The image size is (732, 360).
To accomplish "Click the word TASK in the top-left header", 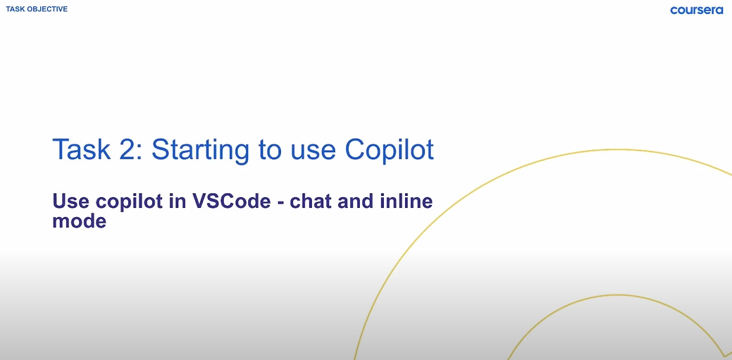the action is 13,9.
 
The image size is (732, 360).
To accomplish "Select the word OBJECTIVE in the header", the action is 46,9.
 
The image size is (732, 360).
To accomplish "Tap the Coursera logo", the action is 697,10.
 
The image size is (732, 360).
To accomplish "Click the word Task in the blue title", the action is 82,149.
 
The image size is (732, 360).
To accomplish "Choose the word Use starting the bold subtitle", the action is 70,201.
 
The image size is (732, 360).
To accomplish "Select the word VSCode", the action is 231,201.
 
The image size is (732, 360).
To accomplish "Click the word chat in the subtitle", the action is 312,201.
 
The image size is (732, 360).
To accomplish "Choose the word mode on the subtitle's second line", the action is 80,221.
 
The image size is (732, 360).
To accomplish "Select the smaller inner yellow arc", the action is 616,295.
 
